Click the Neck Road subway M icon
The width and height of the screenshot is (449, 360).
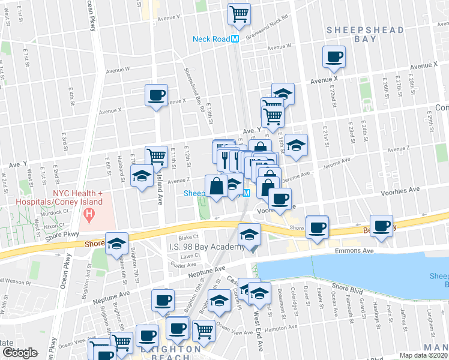tap(235, 39)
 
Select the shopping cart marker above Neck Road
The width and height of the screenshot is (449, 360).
tap(239, 14)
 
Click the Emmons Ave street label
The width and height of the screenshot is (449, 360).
tap(355, 251)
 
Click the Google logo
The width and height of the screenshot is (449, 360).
tap(19, 353)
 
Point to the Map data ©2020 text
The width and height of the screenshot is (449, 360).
tap(423, 355)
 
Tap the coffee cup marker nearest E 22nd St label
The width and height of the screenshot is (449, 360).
tap(334, 58)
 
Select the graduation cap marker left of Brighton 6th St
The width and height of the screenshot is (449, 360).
tap(117, 244)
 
